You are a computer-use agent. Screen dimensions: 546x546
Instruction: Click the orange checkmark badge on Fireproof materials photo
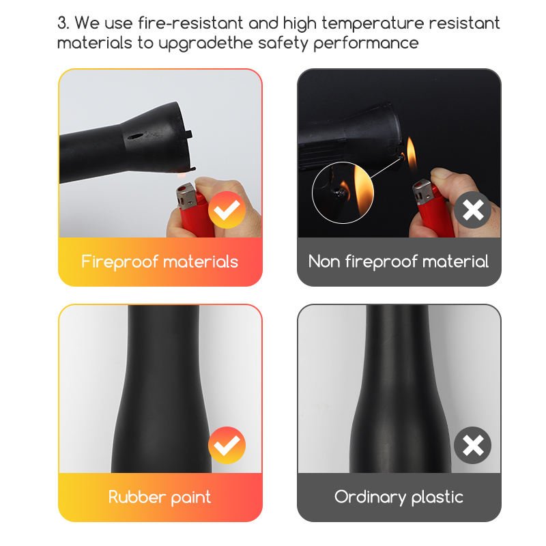227,210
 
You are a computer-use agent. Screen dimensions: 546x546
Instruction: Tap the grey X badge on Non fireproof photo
472,210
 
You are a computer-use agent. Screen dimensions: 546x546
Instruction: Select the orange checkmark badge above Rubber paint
227,445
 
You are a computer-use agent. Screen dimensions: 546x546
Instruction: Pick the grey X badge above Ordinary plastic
472,445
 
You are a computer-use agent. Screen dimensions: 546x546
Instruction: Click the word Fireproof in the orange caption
120,262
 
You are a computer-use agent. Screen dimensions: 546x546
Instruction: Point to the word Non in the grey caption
324,261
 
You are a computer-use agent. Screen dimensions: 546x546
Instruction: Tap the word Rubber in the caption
137,497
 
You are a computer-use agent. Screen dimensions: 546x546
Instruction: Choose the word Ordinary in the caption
370,498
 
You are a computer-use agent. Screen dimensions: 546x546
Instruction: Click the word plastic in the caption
437,498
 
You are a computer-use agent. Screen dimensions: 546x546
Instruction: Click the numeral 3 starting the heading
62,23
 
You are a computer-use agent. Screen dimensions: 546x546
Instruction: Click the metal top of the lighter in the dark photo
422,192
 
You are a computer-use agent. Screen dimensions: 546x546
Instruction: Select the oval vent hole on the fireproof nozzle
136,137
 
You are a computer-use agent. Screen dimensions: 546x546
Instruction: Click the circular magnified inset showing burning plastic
343,192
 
